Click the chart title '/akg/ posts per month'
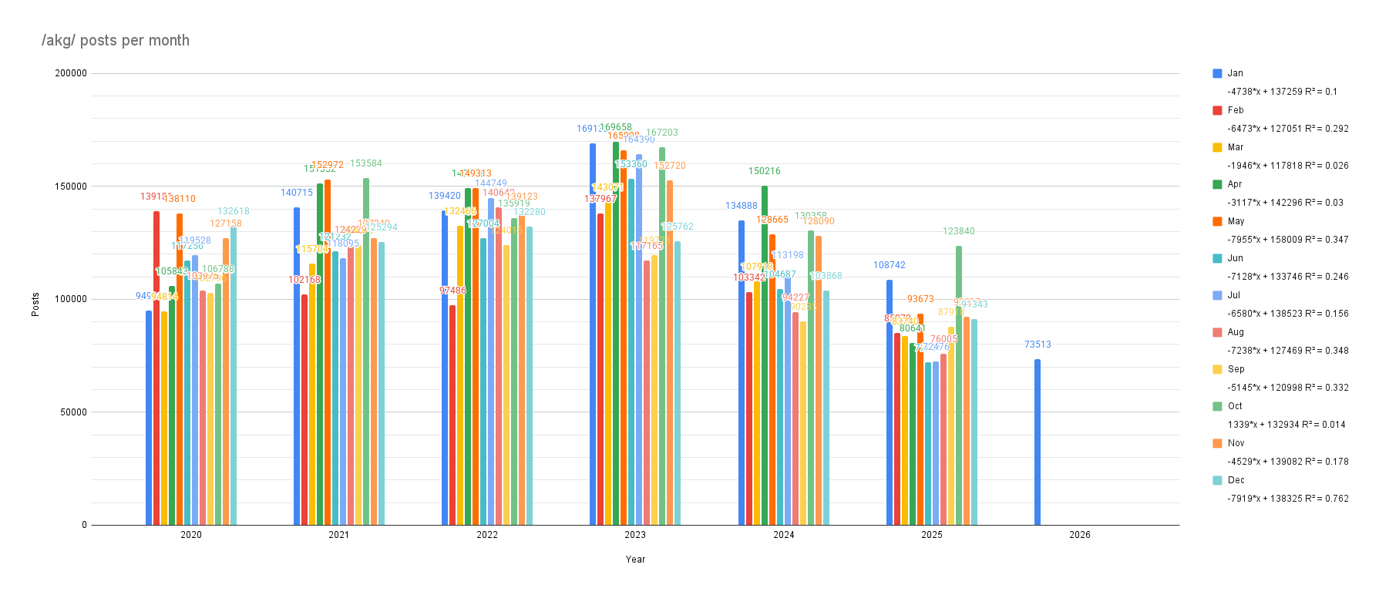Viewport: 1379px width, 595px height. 116,41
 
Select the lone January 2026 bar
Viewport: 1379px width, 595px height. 1038,442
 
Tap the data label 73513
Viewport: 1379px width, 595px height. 1038,345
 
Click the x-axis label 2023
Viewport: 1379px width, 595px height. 635,535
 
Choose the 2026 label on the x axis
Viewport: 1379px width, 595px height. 1079,535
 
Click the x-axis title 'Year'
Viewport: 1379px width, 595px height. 635,560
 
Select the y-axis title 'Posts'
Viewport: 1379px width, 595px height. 35,304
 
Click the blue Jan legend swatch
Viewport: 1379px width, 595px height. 1217,73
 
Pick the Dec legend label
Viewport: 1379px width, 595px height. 1236,480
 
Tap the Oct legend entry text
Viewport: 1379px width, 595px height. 1235,406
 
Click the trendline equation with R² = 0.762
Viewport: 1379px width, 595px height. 1288,499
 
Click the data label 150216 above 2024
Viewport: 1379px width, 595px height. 765,171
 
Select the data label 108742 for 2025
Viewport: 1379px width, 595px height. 890,265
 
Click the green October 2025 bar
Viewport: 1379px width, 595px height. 959,385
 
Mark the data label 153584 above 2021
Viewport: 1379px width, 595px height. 366,163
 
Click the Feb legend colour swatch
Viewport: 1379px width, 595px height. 1217,110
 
